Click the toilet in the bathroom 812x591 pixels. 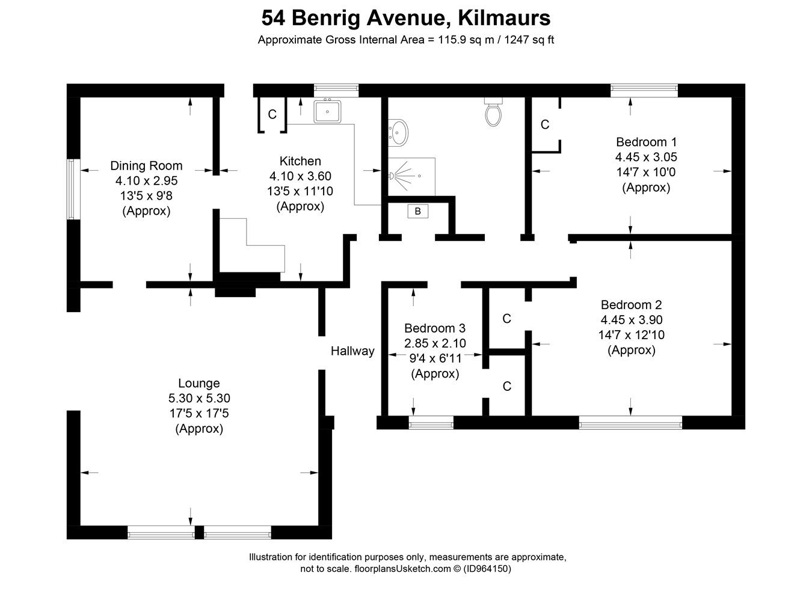pyautogui.click(x=493, y=112)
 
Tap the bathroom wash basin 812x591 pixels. pyautogui.click(x=398, y=133)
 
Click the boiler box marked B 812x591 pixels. pyautogui.click(x=417, y=212)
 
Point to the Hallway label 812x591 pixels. pyautogui.click(x=352, y=351)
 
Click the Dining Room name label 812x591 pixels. pyautogui.click(x=146, y=166)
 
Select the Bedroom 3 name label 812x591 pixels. pyautogui.click(x=434, y=328)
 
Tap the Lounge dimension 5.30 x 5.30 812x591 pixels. pyautogui.click(x=199, y=398)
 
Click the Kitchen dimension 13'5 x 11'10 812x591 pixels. pyautogui.click(x=300, y=191)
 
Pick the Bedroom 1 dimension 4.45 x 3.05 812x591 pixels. pyautogui.click(x=646, y=157)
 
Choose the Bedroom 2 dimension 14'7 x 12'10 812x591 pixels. pyautogui.click(x=631, y=335)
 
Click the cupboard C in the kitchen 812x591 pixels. pyautogui.click(x=272, y=114)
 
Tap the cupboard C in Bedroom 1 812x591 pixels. pyautogui.click(x=545, y=124)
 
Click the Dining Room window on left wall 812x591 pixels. pyautogui.click(x=73, y=189)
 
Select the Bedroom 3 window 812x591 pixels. pyautogui.click(x=431, y=423)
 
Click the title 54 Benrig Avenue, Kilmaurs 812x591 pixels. pyautogui.click(x=406, y=18)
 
